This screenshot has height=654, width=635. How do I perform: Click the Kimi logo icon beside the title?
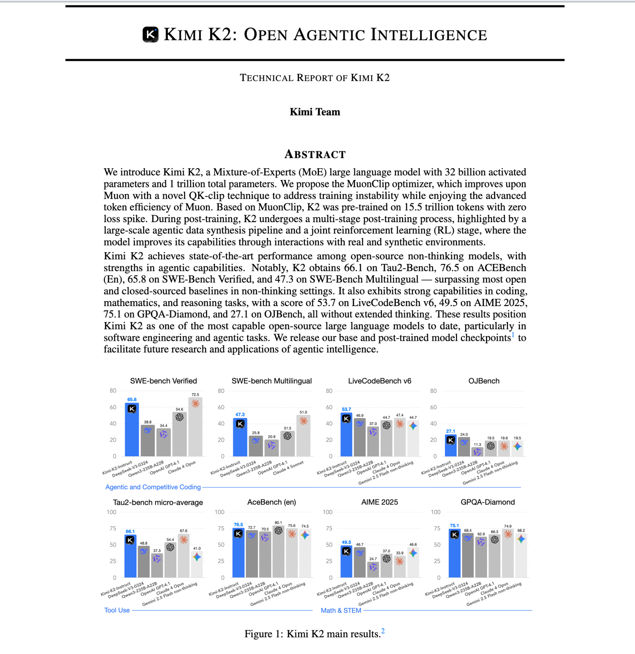tap(150, 35)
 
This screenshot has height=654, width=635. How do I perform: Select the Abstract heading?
tap(315, 154)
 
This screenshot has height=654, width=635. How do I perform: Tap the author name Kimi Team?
tap(315, 112)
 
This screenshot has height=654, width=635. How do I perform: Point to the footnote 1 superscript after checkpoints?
tap(513, 335)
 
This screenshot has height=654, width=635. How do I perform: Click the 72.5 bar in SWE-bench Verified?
tap(195, 427)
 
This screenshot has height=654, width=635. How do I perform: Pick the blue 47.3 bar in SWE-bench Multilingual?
tap(240, 438)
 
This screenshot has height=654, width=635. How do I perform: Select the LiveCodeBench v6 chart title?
tap(379, 381)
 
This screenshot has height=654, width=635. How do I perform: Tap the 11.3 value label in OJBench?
tap(477, 445)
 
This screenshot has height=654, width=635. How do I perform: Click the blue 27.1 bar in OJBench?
tap(451, 446)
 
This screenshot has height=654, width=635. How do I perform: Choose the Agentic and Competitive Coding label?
tap(153, 487)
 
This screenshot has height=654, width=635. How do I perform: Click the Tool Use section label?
tap(117, 610)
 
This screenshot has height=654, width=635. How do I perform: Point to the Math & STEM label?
tap(341, 610)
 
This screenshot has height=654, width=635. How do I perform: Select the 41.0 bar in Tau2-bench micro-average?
tap(197, 564)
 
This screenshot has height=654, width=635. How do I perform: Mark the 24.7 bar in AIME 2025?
tap(373, 570)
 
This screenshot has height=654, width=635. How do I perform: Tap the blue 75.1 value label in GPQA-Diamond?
tap(454, 526)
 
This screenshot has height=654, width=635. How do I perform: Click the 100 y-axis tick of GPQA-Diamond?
tap(435, 512)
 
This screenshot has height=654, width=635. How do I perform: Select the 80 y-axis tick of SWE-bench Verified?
tap(113, 391)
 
